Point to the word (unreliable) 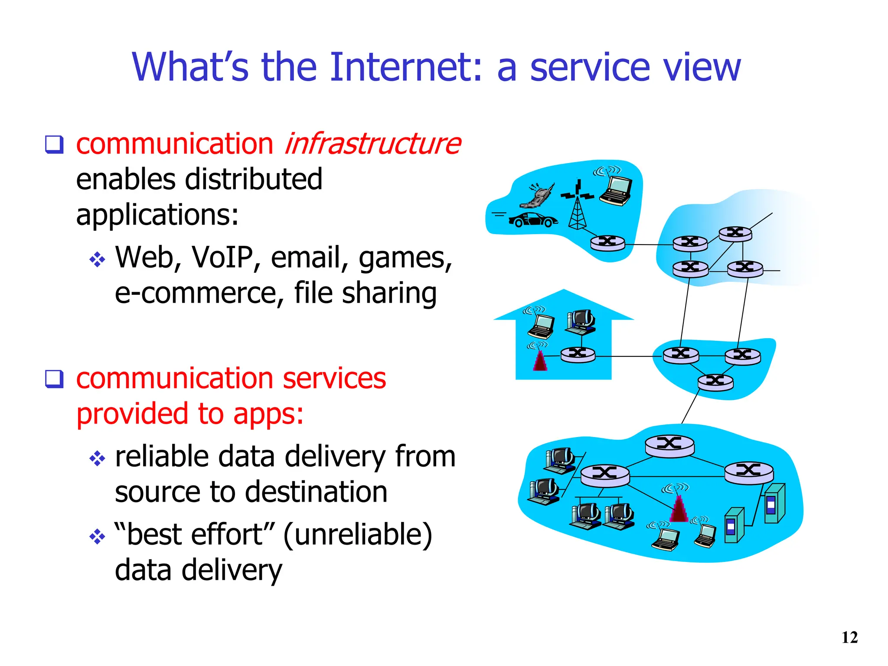(x=358, y=534)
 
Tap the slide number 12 (x=849, y=637)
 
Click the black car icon (x=533, y=220)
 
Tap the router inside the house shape (x=578, y=355)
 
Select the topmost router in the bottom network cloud (x=669, y=445)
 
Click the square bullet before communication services (x=55, y=379)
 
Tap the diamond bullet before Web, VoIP (x=97, y=259)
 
